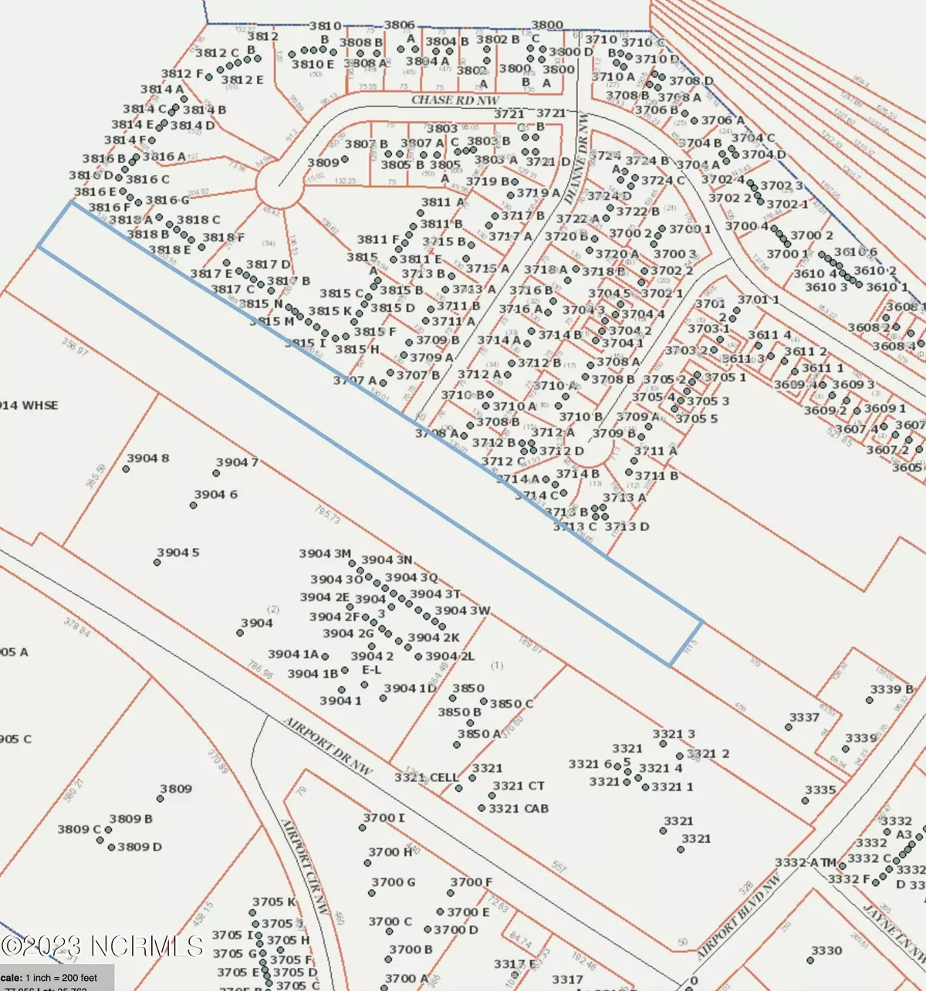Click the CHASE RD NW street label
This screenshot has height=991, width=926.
[455, 100]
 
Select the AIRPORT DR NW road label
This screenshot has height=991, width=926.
[328, 746]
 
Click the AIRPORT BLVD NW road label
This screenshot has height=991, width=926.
[738, 918]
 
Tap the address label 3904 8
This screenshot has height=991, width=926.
[147, 458]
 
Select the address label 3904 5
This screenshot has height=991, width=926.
[177, 553]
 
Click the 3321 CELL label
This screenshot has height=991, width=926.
[427, 777]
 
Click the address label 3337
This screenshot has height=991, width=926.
[804, 717]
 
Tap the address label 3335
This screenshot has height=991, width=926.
[820, 790]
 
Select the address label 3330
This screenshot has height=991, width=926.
[826, 950]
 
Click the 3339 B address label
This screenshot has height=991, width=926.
[891, 689]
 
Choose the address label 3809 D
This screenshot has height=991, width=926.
[140, 847]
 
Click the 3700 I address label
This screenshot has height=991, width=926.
[384, 817]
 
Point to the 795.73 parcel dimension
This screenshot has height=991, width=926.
[327, 515]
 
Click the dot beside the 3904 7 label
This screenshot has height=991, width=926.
[217, 473]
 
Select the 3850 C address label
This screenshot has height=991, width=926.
[511, 703]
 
